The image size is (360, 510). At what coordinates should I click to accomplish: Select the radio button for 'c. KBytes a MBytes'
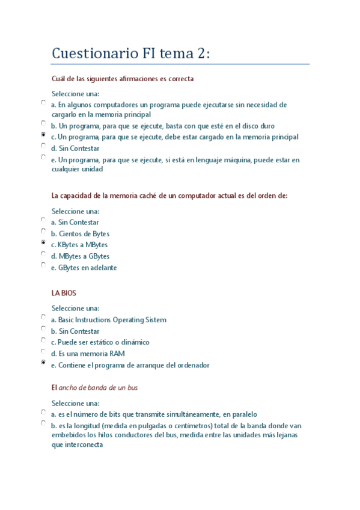click(x=43, y=242)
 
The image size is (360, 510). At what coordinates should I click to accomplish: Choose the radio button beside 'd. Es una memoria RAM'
click(x=43, y=351)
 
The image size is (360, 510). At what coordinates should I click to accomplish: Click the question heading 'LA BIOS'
click(x=64, y=293)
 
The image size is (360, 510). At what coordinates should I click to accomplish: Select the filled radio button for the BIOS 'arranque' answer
click(x=43, y=363)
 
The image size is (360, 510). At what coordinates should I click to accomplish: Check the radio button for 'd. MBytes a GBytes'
click(x=43, y=254)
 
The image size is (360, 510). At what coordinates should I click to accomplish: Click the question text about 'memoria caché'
click(x=169, y=195)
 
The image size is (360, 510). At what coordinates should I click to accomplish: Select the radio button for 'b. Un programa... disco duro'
click(x=43, y=123)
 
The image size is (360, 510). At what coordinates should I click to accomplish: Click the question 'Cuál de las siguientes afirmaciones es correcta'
click(x=123, y=79)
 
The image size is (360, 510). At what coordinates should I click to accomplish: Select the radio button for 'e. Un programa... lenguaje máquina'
click(x=43, y=157)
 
